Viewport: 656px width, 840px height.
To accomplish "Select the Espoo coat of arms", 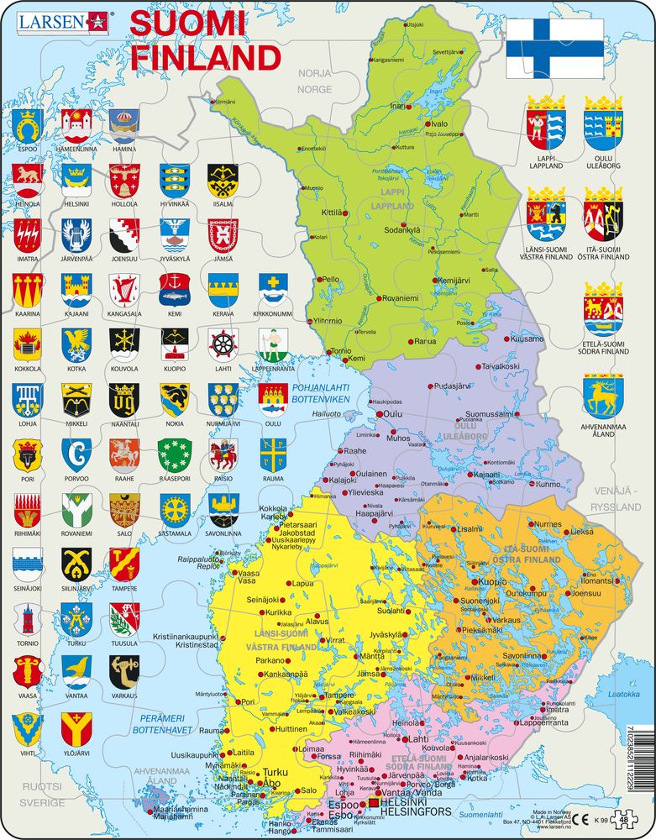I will [28, 126].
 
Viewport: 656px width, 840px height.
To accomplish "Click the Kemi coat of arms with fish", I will [174, 289].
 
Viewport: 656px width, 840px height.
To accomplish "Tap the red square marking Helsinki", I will [373, 804].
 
